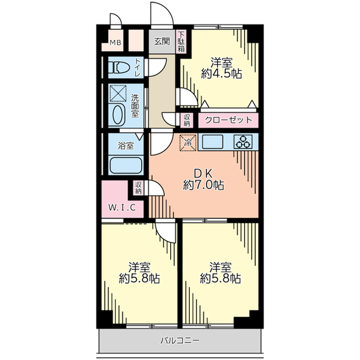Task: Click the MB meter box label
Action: pyautogui.click(x=115, y=43)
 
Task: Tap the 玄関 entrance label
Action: pyautogui.click(x=162, y=41)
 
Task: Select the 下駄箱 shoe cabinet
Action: pyautogui.click(x=181, y=41)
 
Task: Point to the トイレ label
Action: pyautogui.click(x=137, y=68)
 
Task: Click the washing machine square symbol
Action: pyautogui.click(x=118, y=93)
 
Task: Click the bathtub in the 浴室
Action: pyautogui.click(x=126, y=166)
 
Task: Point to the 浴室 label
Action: pyautogui.click(x=126, y=146)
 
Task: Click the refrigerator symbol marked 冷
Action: pyautogui.click(x=188, y=143)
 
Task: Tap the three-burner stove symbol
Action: pyautogui.click(x=243, y=142)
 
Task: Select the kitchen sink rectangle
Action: pyautogui.click(x=212, y=142)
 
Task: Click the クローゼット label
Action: pyautogui.click(x=228, y=120)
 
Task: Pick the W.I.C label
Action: pyautogui.click(x=122, y=208)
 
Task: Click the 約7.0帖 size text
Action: pyautogui.click(x=203, y=185)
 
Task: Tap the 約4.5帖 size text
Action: pyautogui.click(x=221, y=74)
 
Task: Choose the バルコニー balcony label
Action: pyautogui.click(x=180, y=340)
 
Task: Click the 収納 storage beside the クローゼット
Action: pyautogui.click(x=187, y=120)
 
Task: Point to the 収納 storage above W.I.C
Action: pyautogui.click(x=138, y=188)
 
